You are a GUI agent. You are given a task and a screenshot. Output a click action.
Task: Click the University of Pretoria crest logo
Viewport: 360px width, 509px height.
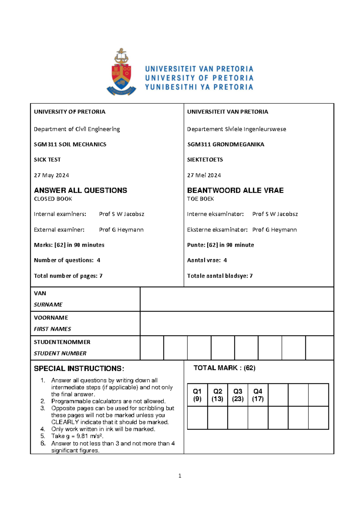click(x=121, y=73)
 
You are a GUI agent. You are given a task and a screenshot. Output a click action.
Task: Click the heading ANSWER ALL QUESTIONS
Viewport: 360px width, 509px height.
click(x=80, y=190)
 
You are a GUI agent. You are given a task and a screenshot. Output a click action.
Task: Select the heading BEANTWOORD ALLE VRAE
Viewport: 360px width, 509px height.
click(x=235, y=190)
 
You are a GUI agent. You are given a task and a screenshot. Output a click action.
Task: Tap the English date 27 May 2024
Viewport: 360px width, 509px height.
click(x=51, y=175)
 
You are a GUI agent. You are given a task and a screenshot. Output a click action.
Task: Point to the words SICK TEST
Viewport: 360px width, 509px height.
click(x=47, y=160)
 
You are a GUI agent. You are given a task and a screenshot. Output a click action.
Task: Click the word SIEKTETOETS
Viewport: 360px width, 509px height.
click(x=205, y=160)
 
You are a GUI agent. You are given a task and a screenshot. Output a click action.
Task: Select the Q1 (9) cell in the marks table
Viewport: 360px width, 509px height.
click(x=197, y=395)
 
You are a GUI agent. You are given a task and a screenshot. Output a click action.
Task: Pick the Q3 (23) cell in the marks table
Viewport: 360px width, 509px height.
click(x=238, y=395)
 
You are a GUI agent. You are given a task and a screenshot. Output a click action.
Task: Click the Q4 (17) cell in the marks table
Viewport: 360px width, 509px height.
click(x=258, y=395)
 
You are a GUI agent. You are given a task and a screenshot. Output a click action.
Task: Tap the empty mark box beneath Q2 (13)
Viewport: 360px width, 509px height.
click(x=217, y=418)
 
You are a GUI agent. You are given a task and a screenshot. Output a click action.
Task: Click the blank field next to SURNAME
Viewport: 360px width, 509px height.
click(x=237, y=299)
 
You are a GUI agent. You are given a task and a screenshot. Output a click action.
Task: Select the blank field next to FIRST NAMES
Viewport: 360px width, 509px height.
click(x=237, y=324)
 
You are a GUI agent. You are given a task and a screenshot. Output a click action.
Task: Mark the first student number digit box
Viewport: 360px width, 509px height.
click(x=152, y=348)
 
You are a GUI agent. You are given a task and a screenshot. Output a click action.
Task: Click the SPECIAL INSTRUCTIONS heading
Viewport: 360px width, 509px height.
click(x=79, y=369)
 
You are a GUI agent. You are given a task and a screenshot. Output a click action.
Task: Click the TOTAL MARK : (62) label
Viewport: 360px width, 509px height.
click(x=224, y=368)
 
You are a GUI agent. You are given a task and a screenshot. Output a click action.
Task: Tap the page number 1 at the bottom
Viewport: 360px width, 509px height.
click(x=180, y=476)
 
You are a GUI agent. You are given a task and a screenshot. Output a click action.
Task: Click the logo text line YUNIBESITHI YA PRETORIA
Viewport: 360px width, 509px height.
click(x=199, y=87)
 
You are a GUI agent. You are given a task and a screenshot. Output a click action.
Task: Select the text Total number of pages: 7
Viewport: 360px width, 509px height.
click(x=68, y=276)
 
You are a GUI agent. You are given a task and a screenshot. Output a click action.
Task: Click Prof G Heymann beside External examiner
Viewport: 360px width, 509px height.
click(x=121, y=230)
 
